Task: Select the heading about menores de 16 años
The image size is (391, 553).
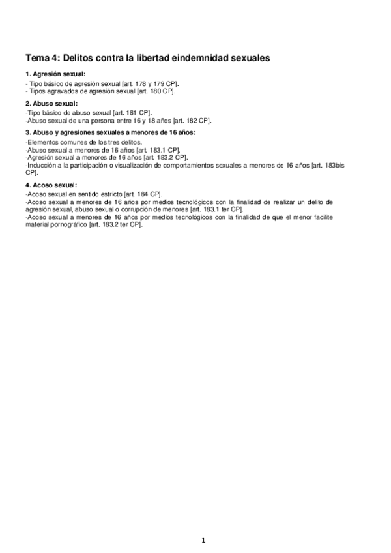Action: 109,132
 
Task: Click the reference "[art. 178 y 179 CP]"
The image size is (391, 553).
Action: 151,85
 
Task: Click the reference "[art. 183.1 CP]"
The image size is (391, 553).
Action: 154,149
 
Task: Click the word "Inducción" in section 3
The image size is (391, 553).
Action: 40,166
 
